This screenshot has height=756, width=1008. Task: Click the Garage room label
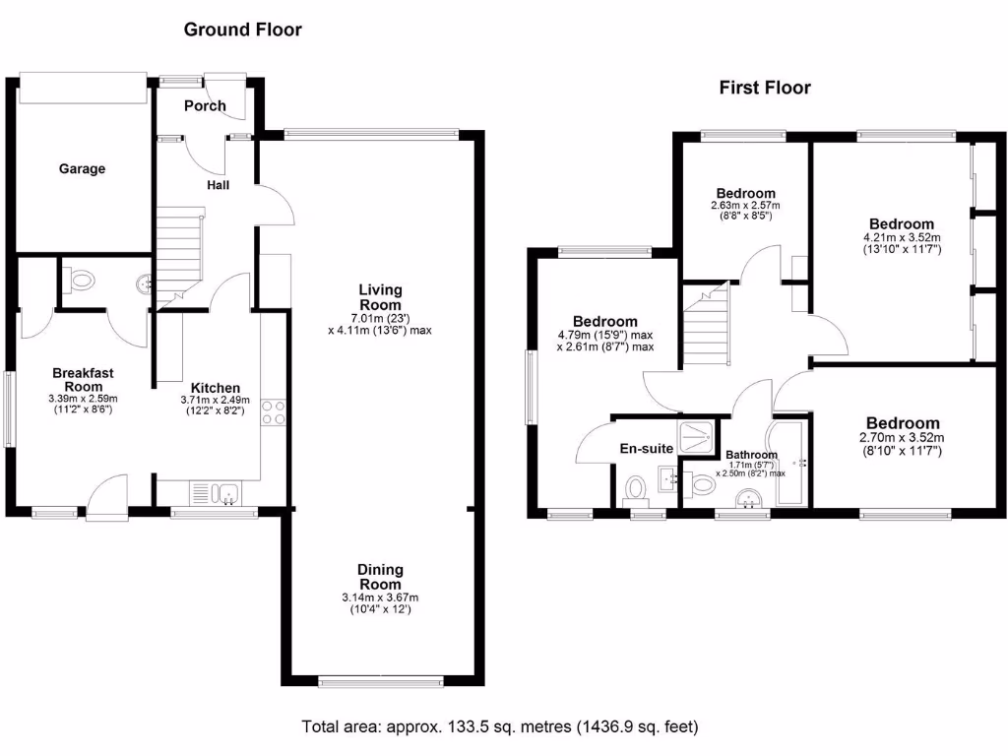tap(82, 169)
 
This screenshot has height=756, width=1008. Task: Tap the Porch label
tap(205, 105)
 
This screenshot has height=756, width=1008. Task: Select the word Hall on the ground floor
tap(219, 184)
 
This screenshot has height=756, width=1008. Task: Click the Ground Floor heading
tap(243, 30)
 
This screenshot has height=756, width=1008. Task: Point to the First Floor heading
tap(765, 88)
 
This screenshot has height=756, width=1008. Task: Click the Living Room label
tap(380, 297)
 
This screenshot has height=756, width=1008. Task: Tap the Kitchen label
tap(215, 388)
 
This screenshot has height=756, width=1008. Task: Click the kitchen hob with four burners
tap(273, 414)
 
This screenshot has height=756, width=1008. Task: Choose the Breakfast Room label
tap(84, 379)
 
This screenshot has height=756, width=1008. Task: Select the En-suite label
tap(646, 449)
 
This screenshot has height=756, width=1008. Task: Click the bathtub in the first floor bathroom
tap(790, 462)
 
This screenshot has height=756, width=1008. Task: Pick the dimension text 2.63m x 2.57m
tap(745, 206)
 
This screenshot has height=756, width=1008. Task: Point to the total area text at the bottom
tap(499, 727)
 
